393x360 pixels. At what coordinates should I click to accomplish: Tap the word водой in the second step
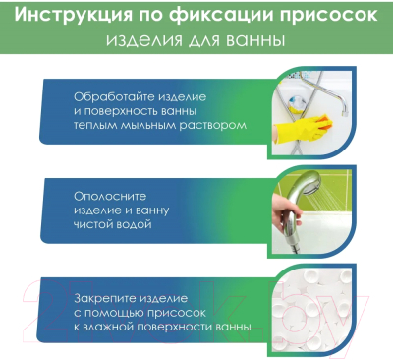pyautogui.click(x=135, y=223)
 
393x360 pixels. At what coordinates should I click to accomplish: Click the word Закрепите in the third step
pyautogui.click(x=105, y=296)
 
